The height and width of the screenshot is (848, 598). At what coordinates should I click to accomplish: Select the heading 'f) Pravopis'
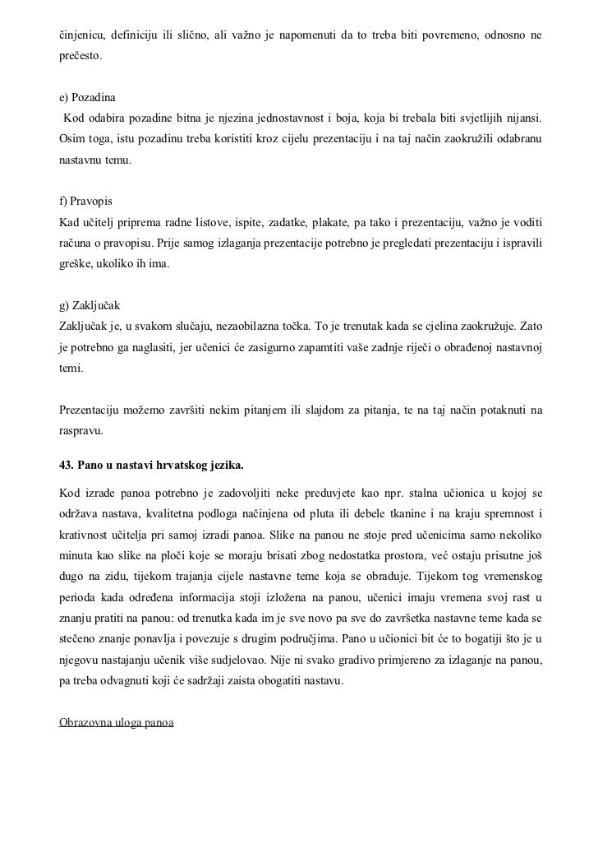[x=86, y=202]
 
